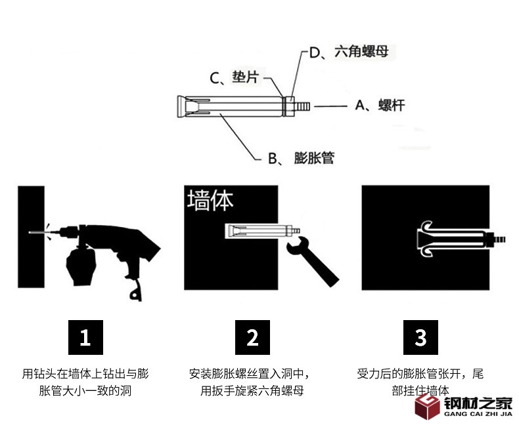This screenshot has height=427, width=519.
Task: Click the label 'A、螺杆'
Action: [380, 105]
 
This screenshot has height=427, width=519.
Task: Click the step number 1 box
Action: [85, 338]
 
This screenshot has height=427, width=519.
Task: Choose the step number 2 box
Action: [253, 338]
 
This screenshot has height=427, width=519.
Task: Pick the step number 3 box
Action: [420, 338]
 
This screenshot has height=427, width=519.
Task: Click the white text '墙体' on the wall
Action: [210, 201]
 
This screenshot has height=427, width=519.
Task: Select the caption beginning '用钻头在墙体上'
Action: [85, 382]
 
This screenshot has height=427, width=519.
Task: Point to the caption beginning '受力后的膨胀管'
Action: [420, 382]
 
